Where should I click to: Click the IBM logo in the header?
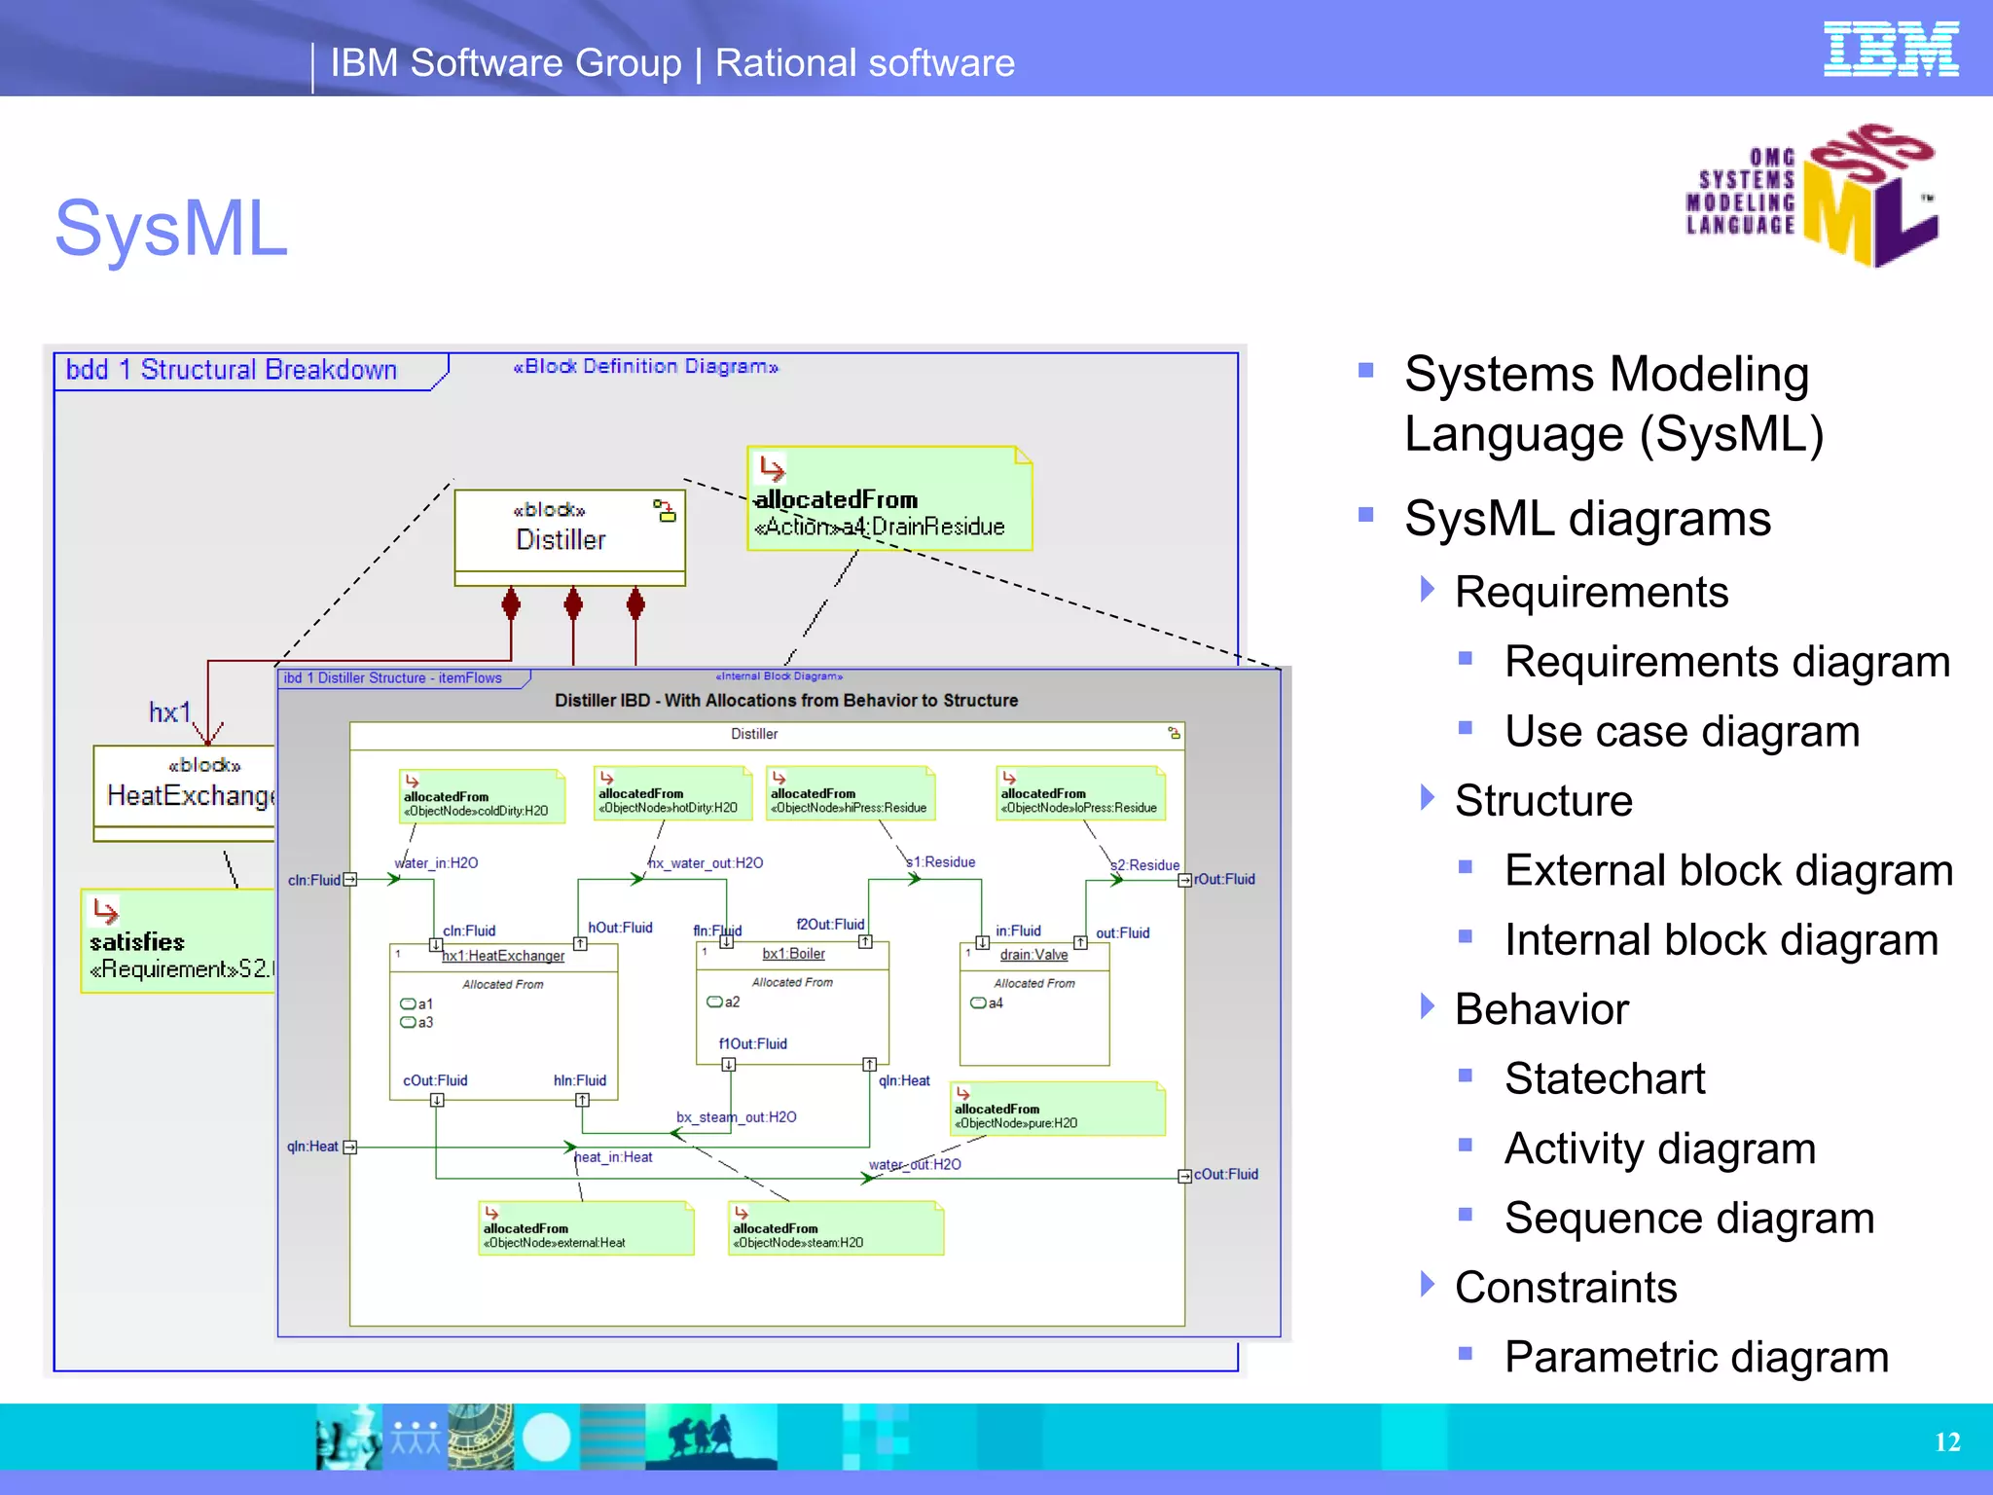pos(1890,50)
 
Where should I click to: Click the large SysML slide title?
pos(171,229)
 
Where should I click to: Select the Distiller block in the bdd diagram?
pos(569,535)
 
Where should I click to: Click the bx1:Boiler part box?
pos(792,1003)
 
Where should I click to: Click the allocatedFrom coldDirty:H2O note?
pos(482,797)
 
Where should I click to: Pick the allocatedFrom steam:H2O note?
pos(835,1229)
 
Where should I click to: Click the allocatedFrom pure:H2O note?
pos(1057,1110)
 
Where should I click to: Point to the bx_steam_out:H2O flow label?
pos(736,1117)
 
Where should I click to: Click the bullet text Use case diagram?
pos(1681,732)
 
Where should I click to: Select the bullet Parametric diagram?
pos(1695,1358)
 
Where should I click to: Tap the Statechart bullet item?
pos(1604,1079)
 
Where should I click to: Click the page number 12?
pos(1946,1442)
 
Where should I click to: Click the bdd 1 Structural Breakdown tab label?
pos(232,371)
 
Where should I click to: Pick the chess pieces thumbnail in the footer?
pos(348,1438)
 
